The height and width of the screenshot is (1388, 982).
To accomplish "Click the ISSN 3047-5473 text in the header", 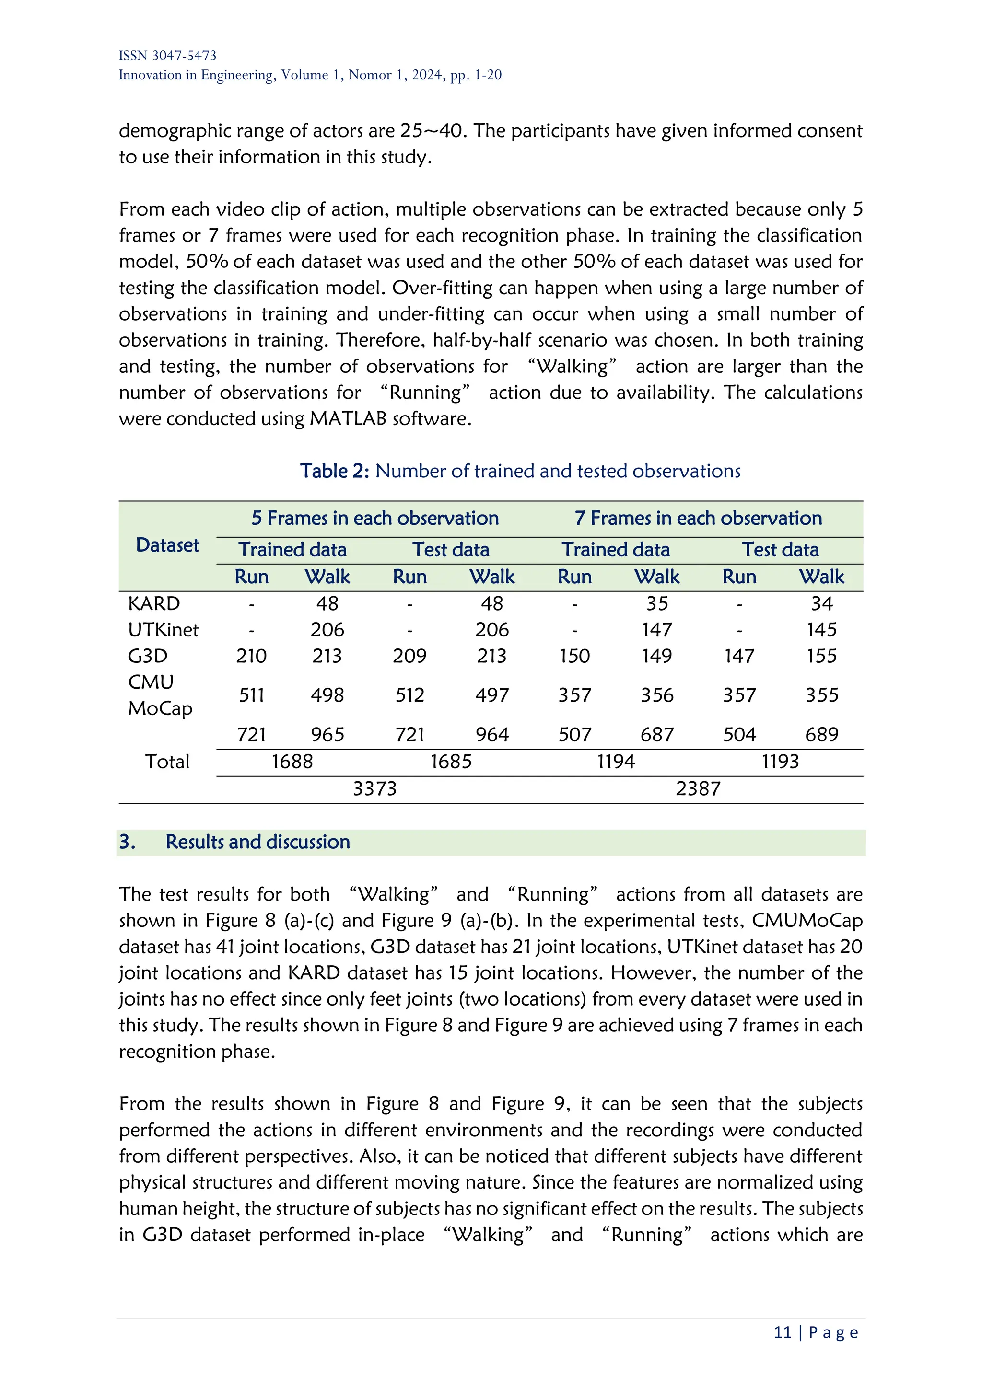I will [x=167, y=56].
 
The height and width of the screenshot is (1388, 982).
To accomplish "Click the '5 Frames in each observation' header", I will [x=375, y=519].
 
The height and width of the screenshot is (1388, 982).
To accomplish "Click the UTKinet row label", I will [x=163, y=630].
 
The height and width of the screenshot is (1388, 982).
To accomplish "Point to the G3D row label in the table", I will [x=148, y=656].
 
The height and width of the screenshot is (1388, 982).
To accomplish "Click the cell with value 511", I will [x=252, y=695].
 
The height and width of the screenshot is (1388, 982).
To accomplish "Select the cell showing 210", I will [x=252, y=656].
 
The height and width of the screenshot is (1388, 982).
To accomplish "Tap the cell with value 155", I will [x=821, y=656].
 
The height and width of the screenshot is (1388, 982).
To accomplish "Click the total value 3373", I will [x=375, y=789].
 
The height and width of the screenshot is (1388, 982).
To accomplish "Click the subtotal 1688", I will [x=292, y=762].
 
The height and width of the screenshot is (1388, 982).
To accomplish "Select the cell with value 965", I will [x=327, y=735].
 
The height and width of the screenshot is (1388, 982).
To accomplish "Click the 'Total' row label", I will [x=167, y=762].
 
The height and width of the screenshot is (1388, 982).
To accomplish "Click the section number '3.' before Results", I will [x=127, y=842].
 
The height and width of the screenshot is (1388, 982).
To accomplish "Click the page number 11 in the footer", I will [x=783, y=1332].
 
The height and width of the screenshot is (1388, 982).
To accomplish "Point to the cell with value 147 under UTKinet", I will [x=657, y=630].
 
